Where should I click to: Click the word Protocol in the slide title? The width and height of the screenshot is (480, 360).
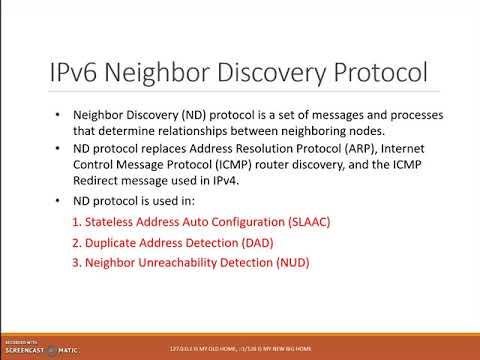pos(372,73)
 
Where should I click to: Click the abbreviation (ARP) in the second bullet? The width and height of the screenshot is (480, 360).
pos(376,148)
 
